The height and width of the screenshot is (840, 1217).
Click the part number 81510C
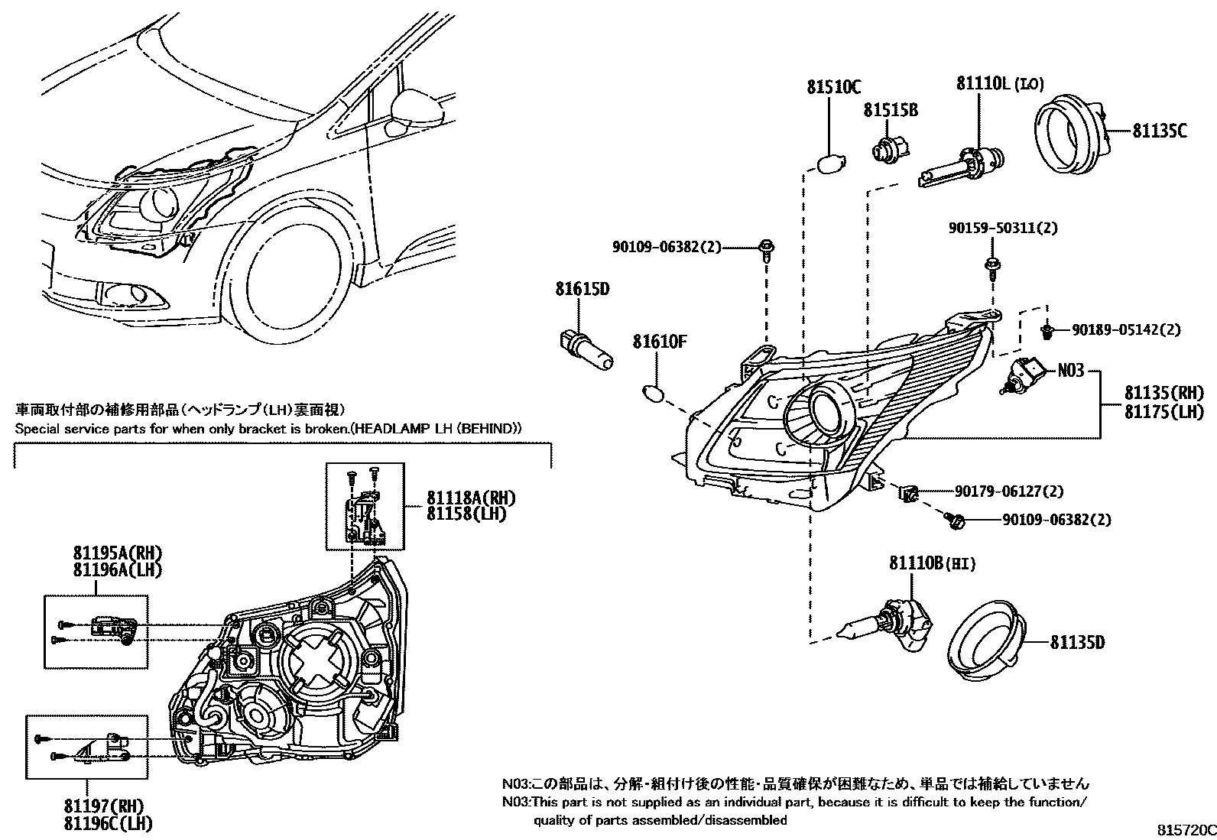pos(832,87)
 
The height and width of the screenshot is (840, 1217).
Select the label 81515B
pos(891,111)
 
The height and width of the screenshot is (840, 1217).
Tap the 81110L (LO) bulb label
pos(999,83)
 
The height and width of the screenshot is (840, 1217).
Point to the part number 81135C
pos(1159,131)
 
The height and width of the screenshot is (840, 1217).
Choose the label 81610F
pos(659,342)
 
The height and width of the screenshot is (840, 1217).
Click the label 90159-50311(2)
pos(1003,228)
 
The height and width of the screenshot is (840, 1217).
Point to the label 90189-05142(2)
pos(1125,330)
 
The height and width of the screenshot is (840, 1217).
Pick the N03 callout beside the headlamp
pos(1070,371)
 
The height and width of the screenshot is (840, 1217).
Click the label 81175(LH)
pos(1163,412)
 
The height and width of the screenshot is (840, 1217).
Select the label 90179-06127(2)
pos(1008,491)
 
